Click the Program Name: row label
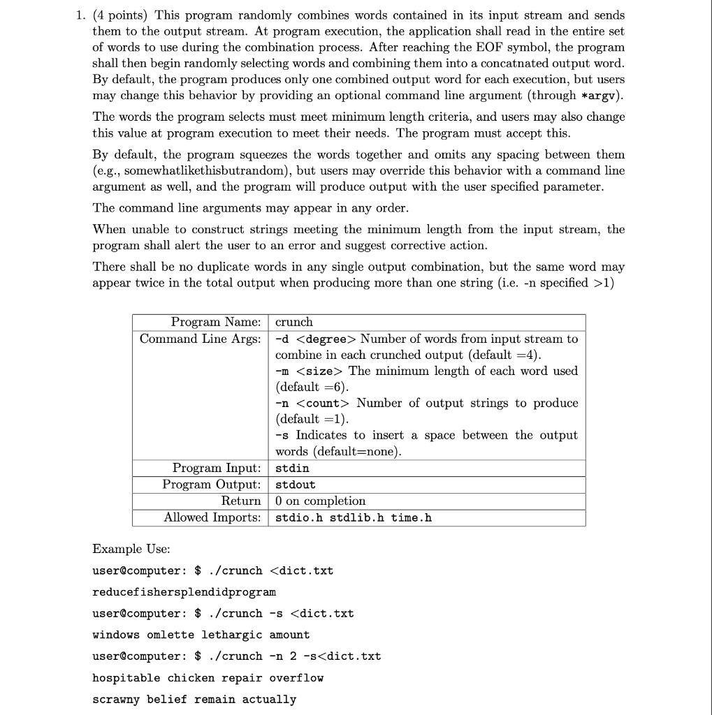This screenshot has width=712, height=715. click(216, 322)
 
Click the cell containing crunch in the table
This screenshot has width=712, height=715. click(294, 322)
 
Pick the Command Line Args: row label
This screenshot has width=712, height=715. click(201, 339)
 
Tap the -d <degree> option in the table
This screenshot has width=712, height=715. click(316, 339)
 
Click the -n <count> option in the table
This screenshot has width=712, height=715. click(313, 403)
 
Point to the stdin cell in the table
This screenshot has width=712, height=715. click(292, 468)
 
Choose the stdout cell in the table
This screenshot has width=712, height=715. click(296, 485)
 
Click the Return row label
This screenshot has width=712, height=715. click(240, 501)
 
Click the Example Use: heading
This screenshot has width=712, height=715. click(129, 549)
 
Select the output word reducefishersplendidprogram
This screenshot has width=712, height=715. click(184, 592)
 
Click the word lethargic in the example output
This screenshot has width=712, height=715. click(232, 635)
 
